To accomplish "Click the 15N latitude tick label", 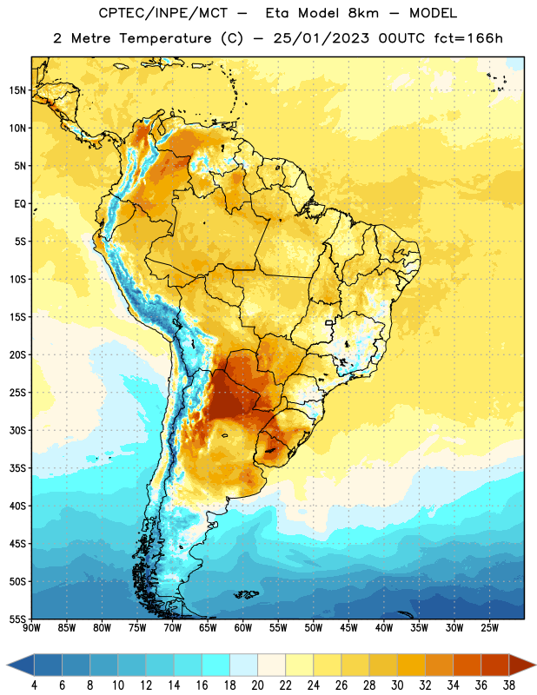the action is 17,90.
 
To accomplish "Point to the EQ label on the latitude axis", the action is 20,204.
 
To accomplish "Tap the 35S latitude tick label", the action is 17,468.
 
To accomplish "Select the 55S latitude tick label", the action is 17,619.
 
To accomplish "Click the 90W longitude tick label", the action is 31,627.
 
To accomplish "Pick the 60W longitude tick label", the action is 243,627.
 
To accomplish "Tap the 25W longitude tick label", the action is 489,627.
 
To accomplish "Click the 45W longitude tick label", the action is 348,627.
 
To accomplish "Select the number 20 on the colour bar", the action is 257,685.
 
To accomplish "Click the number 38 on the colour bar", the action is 508,685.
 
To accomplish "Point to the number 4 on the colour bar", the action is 34,685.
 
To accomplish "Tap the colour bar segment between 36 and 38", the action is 495,665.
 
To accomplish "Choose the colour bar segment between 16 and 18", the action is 215,665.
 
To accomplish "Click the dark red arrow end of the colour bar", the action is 522,665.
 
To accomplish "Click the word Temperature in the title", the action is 165,38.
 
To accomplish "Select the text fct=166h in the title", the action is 468,38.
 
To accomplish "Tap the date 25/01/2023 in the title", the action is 321,38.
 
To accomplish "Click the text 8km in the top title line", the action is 363,13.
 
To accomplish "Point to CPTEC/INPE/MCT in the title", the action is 163,13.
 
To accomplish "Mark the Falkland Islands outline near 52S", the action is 246,594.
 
